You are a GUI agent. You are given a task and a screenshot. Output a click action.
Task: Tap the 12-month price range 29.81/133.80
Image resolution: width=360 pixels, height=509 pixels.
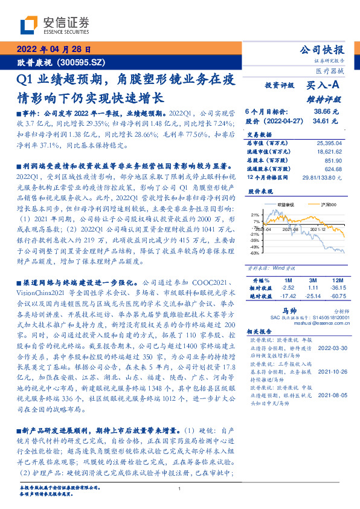click(x=324, y=177)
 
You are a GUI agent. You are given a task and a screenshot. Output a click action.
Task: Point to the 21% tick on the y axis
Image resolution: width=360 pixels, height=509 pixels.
click(x=255, y=214)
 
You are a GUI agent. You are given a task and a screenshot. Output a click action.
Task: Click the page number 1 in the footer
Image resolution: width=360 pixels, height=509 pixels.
click(x=179, y=489)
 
